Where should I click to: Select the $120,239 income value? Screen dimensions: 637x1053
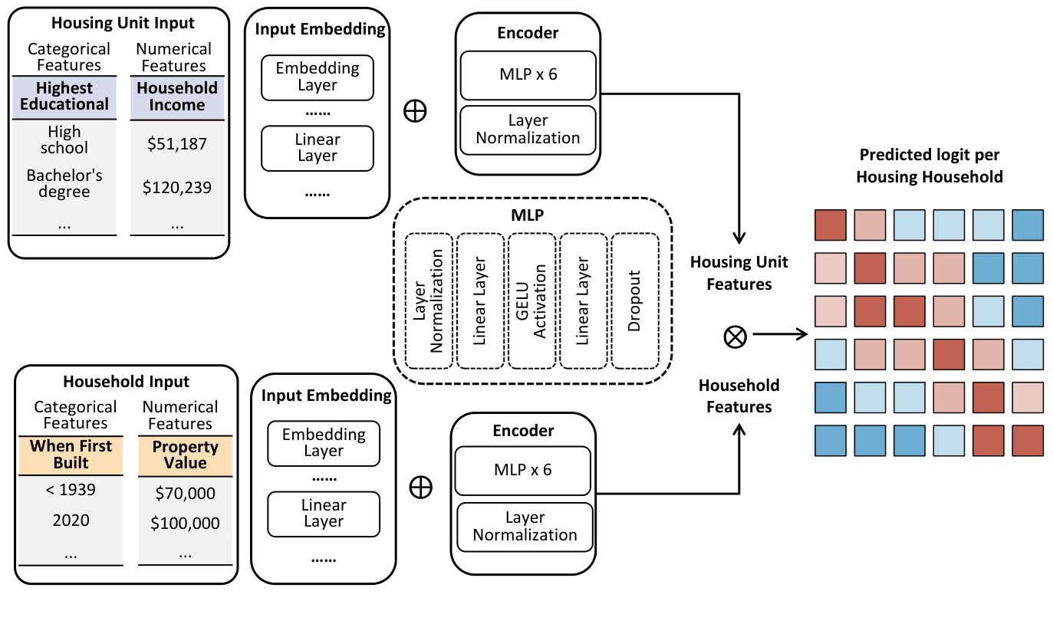tap(177, 187)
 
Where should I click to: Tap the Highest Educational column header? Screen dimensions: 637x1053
tap(64, 97)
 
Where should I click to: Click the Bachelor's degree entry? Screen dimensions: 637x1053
tap(64, 183)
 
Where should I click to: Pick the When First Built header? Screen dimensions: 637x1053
tap(71, 455)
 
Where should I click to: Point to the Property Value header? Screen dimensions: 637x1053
tap(186, 455)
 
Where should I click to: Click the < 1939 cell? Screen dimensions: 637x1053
tap(71, 488)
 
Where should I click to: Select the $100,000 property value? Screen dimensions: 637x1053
tap(185, 524)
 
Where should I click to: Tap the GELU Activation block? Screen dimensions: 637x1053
tap(532, 301)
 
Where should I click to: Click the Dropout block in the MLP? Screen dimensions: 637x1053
tap(634, 301)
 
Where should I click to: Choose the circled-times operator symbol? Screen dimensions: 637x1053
tap(735, 335)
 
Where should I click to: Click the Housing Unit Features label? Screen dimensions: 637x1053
tap(739, 273)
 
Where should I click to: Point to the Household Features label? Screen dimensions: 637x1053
tap(739, 396)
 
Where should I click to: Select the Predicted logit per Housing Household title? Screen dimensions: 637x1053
tap(929, 166)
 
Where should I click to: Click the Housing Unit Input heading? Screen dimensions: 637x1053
tap(118, 23)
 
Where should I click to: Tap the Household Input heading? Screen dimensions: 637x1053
tap(126, 381)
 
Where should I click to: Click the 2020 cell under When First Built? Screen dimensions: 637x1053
tap(71, 520)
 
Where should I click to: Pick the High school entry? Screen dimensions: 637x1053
tap(64, 140)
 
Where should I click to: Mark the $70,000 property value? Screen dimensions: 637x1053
tap(185, 493)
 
